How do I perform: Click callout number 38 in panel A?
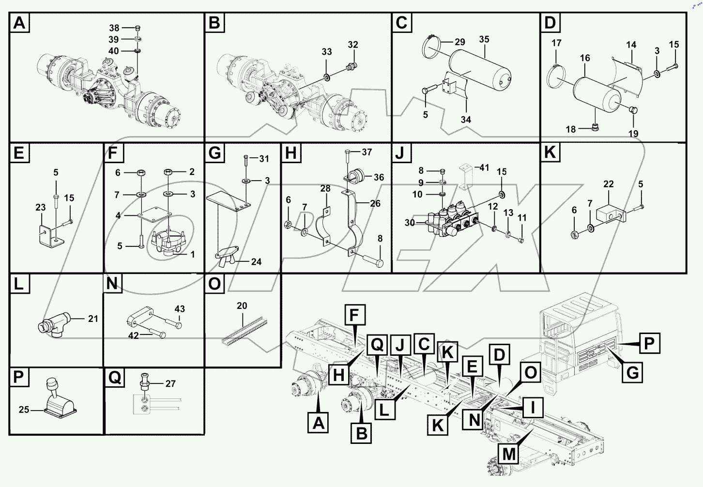click(114, 28)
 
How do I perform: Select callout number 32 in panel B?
click(353, 45)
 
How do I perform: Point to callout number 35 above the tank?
click(484, 39)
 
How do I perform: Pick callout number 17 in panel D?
click(556, 43)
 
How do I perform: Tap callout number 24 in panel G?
click(256, 262)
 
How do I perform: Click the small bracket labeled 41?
click(465, 177)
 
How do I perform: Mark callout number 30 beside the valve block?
click(410, 223)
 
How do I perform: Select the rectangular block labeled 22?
click(609, 213)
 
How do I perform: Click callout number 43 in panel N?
click(180, 309)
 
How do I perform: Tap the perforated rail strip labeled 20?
click(244, 330)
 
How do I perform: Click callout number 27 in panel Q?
click(170, 384)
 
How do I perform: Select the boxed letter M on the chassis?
click(509, 454)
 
